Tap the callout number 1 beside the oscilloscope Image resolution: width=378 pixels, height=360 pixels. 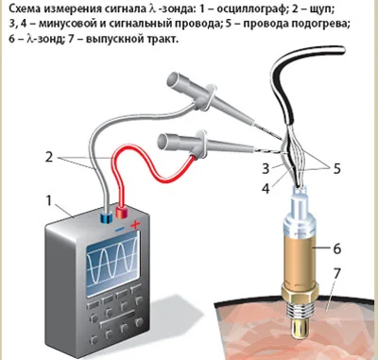(x=48, y=200)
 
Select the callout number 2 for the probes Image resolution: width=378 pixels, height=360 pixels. (x=49, y=157)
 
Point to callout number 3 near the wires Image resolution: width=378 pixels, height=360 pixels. (x=266, y=169)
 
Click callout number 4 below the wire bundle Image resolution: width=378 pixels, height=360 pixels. (x=266, y=189)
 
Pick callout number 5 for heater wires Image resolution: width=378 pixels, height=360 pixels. (x=337, y=169)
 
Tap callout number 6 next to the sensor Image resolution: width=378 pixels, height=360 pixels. (x=337, y=249)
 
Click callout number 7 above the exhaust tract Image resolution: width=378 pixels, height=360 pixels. (x=336, y=274)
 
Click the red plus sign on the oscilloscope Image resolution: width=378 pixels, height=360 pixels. (x=135, y=224)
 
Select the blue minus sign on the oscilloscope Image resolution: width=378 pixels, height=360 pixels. (x=119, y=230)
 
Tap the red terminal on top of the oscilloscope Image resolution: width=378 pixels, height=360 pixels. (x=122, y=212)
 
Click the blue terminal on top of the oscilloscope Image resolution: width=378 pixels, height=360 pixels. (x=106, y=217)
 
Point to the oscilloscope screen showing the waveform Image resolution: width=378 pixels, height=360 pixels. (x=112, y=264)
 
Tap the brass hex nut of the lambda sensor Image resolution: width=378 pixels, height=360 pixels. (x=300, y=291)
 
